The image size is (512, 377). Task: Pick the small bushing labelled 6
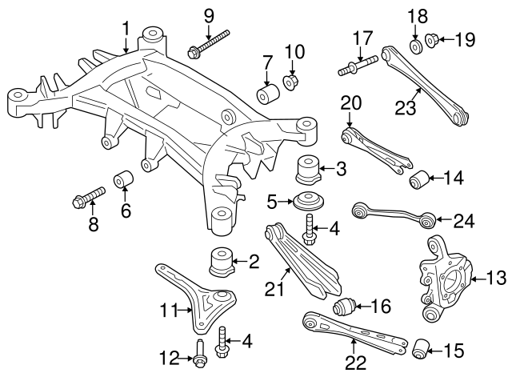tap(122, 178)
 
